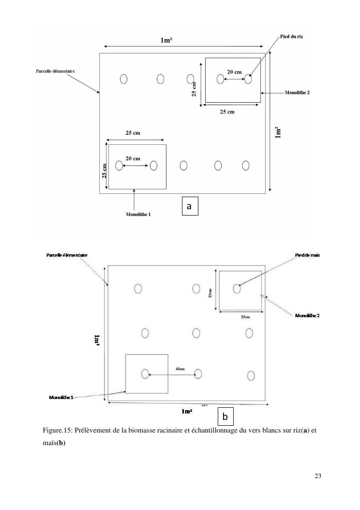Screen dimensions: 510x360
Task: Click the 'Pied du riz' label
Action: tap(292, 36)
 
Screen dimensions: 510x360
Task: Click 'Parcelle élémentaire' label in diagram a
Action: tap(55, 71)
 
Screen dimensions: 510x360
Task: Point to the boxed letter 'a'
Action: tap(189, 206)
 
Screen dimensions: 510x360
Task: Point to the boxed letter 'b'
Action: tap(225, 416)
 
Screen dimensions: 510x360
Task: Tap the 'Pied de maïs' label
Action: tap(308, 255)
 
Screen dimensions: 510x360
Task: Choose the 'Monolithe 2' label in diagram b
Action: tap(308, 316)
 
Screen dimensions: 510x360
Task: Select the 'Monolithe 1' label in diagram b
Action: tap(61, 397)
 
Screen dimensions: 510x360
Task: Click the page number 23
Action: tap(317, 475)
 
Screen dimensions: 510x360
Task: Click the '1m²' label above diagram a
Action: tap(166, 41)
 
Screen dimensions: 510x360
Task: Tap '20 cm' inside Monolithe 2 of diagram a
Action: tap(235, 72)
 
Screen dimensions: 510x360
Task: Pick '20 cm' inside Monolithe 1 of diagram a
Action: tap(133, 158)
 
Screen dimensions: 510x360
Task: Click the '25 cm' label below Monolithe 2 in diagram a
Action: tap(227, 112)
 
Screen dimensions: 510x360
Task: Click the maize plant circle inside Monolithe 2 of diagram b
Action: tap(237, 289)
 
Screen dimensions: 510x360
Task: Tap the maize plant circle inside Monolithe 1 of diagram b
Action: tap(145, 373)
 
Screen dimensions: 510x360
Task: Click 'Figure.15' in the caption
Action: tap(58, 430)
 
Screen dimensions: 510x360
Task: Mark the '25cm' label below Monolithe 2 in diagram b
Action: tap(245, 317)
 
